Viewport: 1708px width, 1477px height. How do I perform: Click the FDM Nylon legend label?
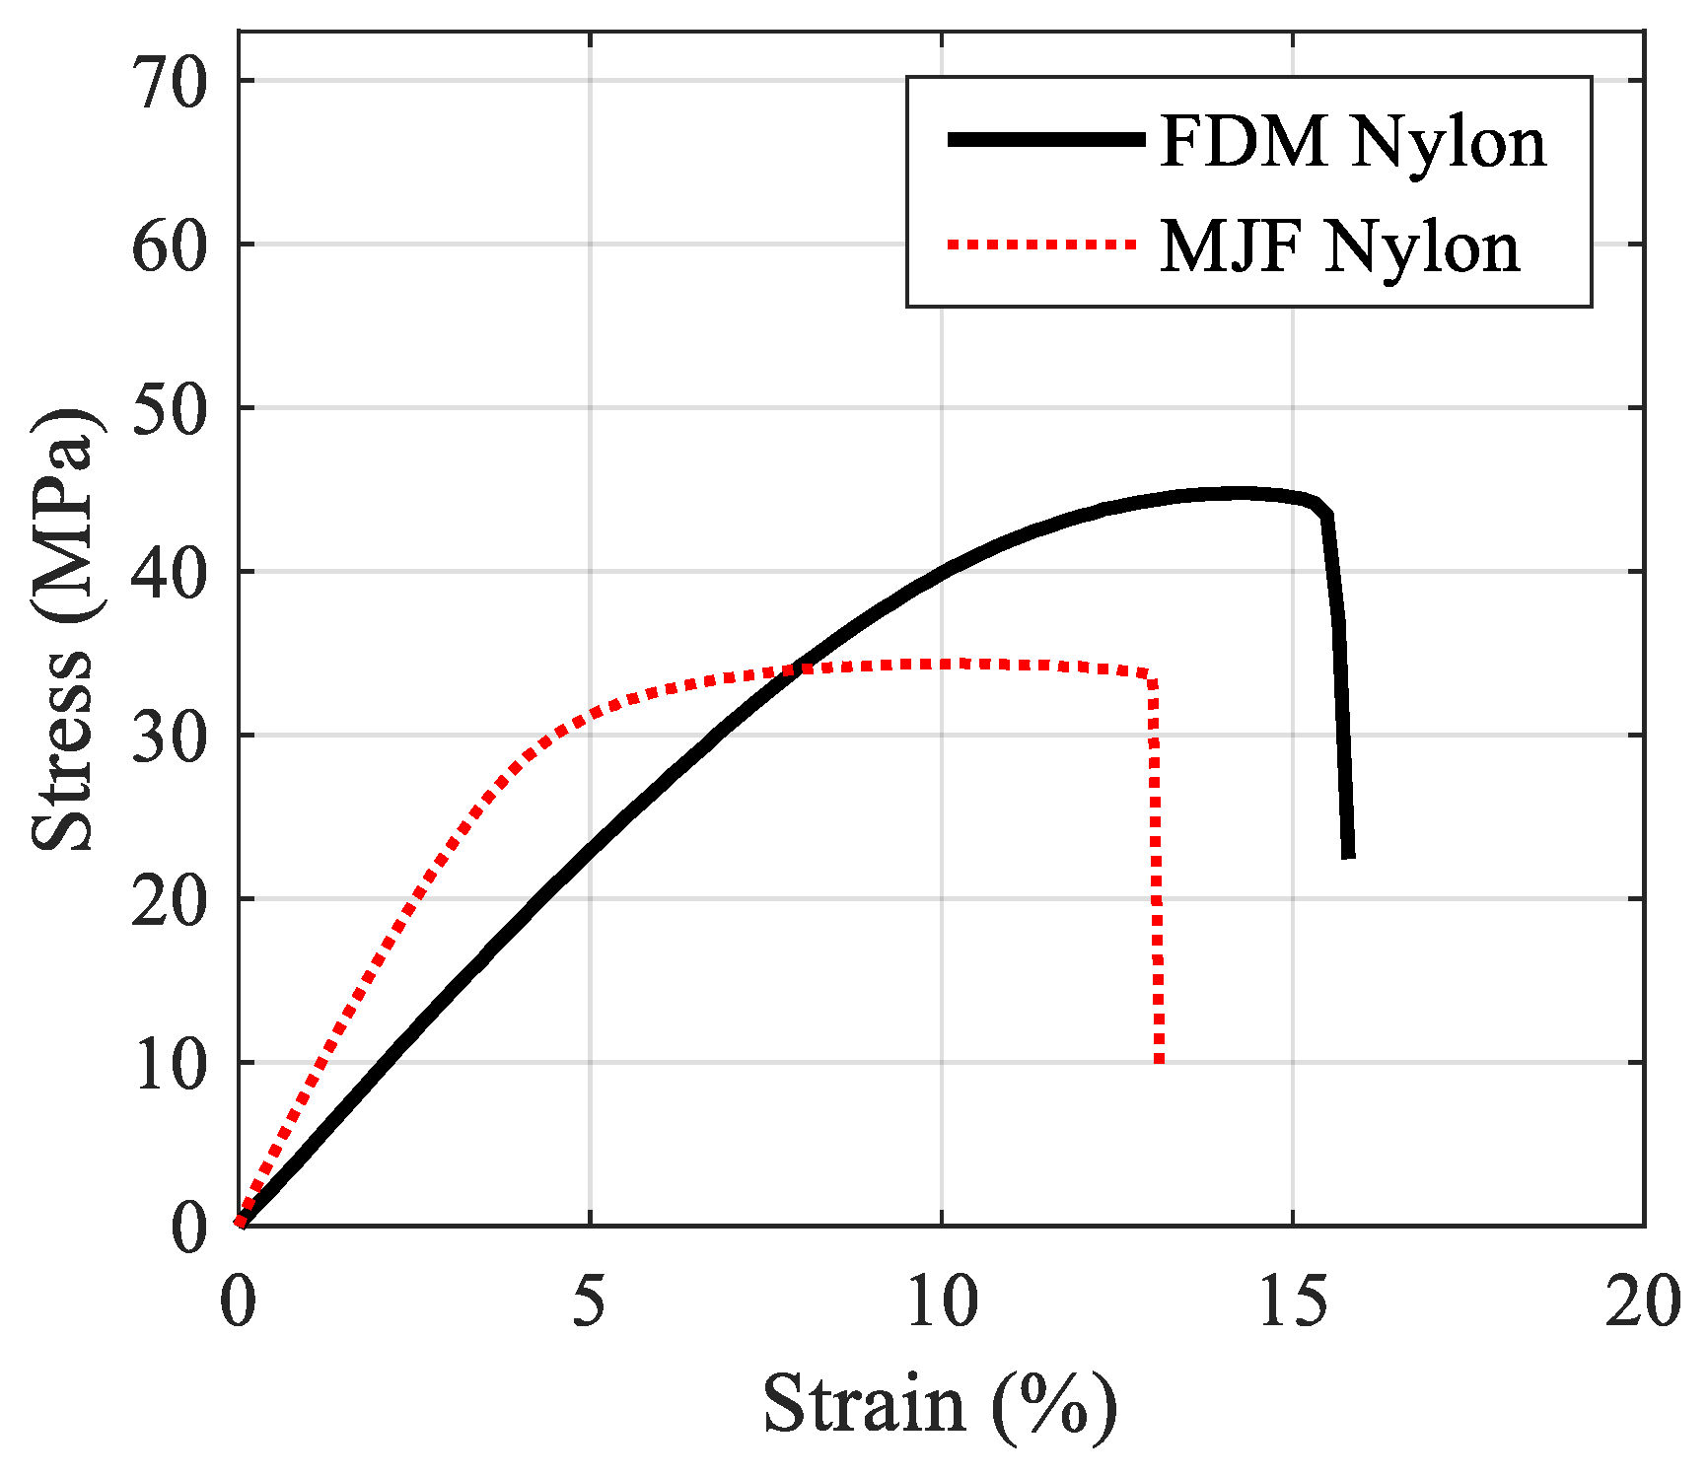point(1352,142)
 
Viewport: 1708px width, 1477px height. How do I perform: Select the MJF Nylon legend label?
point(1339,246)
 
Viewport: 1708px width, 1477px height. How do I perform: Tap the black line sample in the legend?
point(1044,140)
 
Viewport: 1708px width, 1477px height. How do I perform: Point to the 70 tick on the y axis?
point(170,82)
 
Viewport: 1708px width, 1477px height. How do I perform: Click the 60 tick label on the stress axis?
point(170,246)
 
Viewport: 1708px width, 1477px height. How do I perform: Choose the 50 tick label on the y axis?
point(170,409)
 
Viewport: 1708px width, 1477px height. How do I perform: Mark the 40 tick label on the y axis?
point(170,573)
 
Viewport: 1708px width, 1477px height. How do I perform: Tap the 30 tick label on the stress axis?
point(170,737)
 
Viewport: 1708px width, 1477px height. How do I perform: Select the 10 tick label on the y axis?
point(170,1064)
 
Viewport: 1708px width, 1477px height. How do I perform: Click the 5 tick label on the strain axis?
point(589,1302)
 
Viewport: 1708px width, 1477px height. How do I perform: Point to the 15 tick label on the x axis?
point(1292,1302)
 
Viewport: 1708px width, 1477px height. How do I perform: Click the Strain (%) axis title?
point(940,1404)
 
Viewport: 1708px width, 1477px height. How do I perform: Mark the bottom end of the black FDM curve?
point(1348,854)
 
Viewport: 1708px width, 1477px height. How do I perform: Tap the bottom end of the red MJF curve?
point(1159,1060)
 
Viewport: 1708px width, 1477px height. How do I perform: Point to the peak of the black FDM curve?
point(1238,493)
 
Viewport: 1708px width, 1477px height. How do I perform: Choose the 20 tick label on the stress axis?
point(170,900)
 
